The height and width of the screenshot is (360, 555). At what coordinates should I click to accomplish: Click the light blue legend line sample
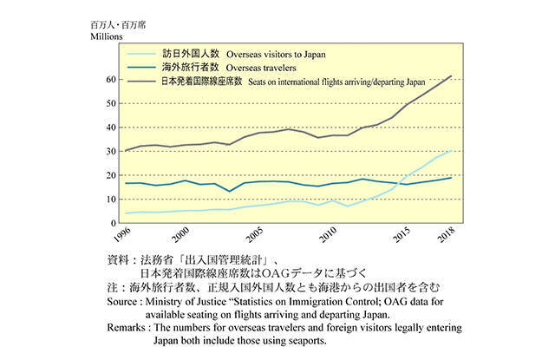pyautogui.click(x=142, y=54)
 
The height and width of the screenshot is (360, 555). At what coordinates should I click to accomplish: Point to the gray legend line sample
pyautogui.click(x=142, y=82)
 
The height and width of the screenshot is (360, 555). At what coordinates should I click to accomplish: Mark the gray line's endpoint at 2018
pyautogui.click(x=451, y=76)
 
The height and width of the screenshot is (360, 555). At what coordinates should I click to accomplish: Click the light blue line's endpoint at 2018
pyautogui.click(x=451, y=151)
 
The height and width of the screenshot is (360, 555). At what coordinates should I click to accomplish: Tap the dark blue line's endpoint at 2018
pyautogui.click(x=451, y=178)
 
